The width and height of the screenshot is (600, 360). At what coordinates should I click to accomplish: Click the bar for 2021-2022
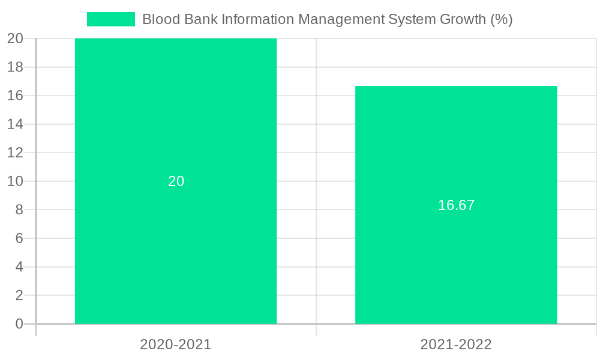click(456, 264)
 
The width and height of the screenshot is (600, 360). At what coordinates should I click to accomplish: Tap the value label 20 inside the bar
click(176, 181)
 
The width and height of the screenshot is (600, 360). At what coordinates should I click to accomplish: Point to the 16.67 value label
click(456, 205)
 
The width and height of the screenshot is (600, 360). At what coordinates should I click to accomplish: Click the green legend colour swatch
click(111, 19)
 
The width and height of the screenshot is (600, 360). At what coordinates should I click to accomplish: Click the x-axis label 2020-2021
click(176, 344)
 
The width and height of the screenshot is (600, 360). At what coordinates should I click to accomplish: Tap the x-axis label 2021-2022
click(456, 344)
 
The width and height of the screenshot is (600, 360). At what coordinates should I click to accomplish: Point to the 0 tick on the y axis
click(19, 324)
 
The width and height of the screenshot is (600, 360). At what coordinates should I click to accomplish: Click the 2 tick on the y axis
click(19, 295)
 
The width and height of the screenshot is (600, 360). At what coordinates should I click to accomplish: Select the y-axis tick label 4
click(19, 267)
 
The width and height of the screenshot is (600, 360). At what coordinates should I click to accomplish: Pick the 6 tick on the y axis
click(19, 238)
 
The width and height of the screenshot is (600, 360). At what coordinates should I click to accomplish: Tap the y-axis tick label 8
click(19, 210)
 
